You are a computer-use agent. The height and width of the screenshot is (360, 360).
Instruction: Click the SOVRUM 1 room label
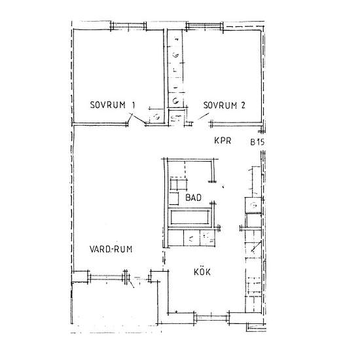pyautogui.click(x=113, y=105)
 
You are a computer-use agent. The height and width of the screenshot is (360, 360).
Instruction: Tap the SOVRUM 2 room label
pyautogui.click(x=225, y=105)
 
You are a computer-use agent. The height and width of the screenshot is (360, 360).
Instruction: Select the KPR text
pyautogui.click(x=223, y=141)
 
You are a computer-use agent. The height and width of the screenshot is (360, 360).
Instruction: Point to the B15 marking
pyautogui.click(x=257, y=142)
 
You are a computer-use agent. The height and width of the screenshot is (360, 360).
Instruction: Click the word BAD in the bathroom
pyautogui.click(x=193, y=198)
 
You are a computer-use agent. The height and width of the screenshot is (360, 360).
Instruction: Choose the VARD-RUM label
pyautogui.click(x=111, y=249)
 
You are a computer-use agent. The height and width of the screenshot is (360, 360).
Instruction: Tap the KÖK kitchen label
pyautogui.click(x=202, y=272)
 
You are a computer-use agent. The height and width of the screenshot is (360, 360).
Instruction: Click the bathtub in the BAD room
pyautogui.click(x=190, y=217)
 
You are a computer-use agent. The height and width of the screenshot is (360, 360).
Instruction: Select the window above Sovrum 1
pyautogui.click(x=128, y=26)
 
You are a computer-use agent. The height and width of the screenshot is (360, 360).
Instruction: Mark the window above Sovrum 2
pyautogui.click(x=204, y=26)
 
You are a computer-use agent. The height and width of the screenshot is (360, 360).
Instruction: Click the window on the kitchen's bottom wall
pyautogui.click(x=211, y=318)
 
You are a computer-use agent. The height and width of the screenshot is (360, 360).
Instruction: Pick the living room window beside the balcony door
pyautogui.click(x=107, y=277)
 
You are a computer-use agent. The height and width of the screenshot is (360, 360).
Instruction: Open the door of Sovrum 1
pyautogui.click(x=136, y=118)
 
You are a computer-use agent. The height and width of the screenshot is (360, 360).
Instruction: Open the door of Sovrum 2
pyautogui.click(x=204, y=117)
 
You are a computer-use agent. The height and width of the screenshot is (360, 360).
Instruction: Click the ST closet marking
pyautogui.click(x=176, y=118)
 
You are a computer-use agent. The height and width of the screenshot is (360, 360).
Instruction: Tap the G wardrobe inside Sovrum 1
pyautogui.click(x=156, y=117)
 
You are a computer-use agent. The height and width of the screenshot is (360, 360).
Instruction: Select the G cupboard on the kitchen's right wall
pyautogui.click(x=253, y=205)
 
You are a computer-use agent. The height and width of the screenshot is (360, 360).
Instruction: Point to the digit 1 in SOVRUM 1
pyautogui.click(x=133, y=105)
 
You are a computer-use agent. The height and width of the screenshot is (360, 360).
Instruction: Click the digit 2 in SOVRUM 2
pyautogui.click(x=243, y=105)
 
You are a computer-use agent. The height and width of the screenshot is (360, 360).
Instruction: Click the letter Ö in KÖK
pyautogui.click(x=202, y=272)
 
